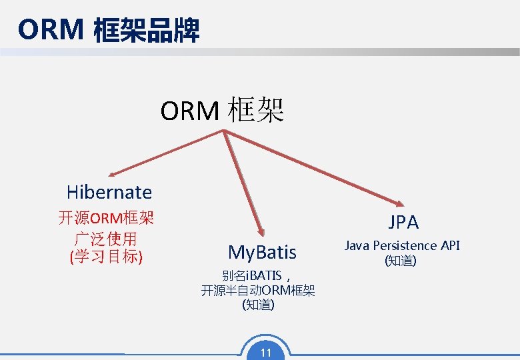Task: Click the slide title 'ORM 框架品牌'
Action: pos(109,30)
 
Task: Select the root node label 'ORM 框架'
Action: pos(222,110)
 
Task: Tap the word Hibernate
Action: pos(109,193)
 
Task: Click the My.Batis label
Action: pos(262,252)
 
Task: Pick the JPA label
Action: pos(403,222)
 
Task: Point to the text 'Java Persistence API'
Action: pos(401,245)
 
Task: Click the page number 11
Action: pos(265,353)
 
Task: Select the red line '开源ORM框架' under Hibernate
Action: pos(106,218)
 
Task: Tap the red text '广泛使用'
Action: pos(106,237)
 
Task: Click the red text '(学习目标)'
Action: pos(106,256)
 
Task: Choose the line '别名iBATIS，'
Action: pos(257,275)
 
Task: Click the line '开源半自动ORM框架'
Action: pos(258,291)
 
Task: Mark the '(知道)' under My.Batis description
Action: pos(258,305)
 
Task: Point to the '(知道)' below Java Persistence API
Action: pos(401,261)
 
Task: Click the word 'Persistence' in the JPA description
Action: pos(404,245)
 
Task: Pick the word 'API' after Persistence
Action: pos(449,245)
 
